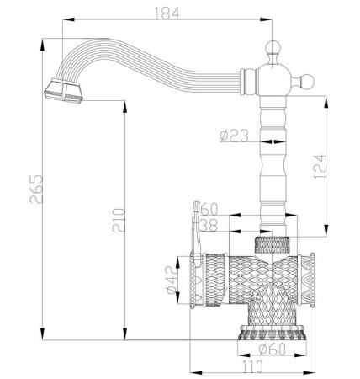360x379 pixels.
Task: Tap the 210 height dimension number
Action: pyautogui.click(x=119, y=221)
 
